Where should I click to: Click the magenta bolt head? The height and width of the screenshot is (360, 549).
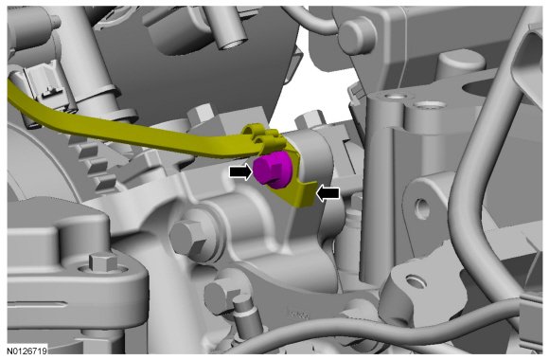[x=273, y=170]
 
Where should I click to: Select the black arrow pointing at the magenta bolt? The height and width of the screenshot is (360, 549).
[x=240, y=171]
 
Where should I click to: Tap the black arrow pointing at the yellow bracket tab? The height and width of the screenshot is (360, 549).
[x=328, y=193]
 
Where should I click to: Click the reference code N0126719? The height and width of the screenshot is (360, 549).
[x=27, y=351]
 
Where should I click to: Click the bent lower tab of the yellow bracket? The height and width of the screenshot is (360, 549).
[x=300, y=194]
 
